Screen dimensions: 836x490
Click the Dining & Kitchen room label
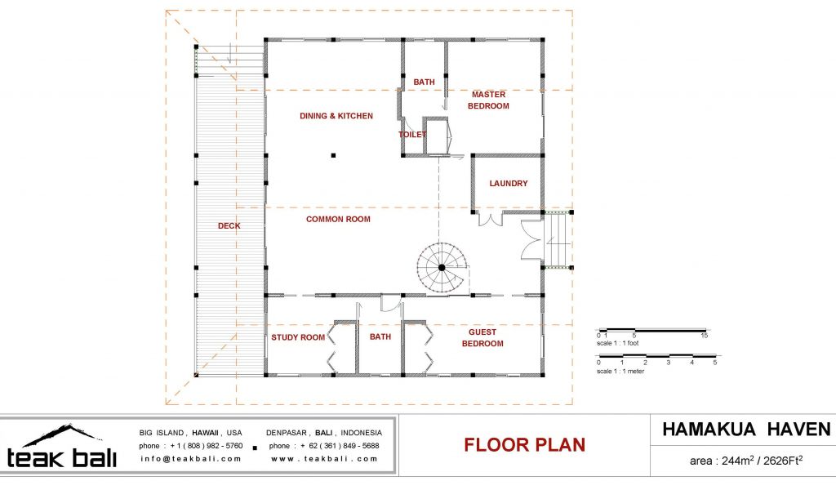(336, 116)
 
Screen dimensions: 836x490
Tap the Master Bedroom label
(488, 100)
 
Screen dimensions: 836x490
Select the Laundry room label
(508, 184)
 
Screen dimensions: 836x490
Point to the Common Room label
(338, 219)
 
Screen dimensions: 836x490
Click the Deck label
(229, 226)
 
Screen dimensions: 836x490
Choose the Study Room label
(298, 337)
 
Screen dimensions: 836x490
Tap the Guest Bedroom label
(482, 338)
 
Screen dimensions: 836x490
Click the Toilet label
(412, 135)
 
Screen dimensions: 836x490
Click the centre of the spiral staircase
(442, 267)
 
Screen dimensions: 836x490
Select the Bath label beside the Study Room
(380, 337)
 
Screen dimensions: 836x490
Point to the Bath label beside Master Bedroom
(424, 82)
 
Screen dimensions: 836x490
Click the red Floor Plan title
(525, 445)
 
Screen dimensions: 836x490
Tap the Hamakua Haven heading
(746, 430)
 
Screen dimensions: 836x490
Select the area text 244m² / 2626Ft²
(746, 460)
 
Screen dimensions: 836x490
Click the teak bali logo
(61, 447)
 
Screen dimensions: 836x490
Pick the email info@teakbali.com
(191, 458)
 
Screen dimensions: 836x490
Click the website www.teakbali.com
(324, 458)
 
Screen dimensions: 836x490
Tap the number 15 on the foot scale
(705, 336)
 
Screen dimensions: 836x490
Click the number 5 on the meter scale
(715, 363)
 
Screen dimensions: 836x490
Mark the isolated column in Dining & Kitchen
(333, 156)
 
